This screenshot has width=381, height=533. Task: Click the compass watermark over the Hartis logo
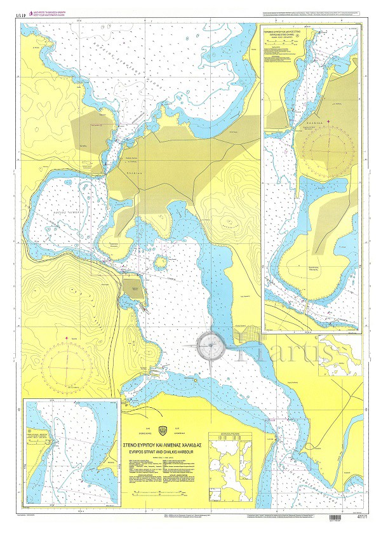[210, 347]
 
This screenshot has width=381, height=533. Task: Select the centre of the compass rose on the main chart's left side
[67, 367]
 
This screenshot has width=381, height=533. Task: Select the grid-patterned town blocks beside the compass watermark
[248, 334]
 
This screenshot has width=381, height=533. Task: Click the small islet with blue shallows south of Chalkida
[161, 261]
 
